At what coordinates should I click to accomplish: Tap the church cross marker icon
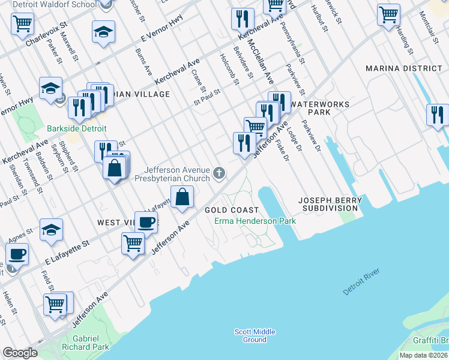pos(220,174)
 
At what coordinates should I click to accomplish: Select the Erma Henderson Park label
pos(256,221)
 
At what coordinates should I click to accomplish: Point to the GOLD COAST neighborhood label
pos(232,210)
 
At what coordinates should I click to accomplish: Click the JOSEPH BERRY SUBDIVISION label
pos(332,204)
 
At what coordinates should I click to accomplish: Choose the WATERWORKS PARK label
pos(319,108)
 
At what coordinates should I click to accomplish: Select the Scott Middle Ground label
pos(255,335)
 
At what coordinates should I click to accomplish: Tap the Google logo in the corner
pos(20,353)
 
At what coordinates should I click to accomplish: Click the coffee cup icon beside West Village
pos(146,222)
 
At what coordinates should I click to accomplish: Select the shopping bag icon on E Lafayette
pos(182,197)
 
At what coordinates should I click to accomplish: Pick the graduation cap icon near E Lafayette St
pos(51,230)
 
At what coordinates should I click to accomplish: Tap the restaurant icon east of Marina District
pos(437,115)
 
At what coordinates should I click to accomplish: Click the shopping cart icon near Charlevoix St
pos(22,24)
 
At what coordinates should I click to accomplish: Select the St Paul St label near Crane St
pos(207,97)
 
